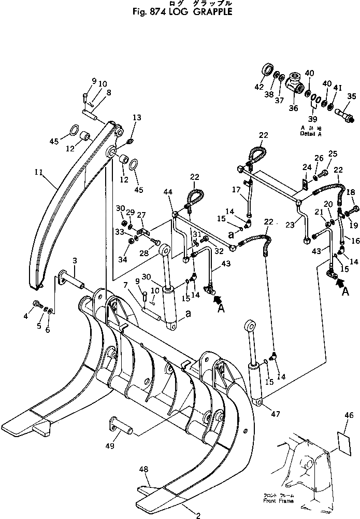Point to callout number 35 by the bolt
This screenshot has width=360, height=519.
tap(352, 96)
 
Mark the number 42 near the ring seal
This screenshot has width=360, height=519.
tap(260, 88)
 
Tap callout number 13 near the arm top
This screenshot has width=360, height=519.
tap(136, 118)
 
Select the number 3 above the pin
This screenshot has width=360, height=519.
tap(75, 259)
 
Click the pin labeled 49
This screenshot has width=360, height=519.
tap(122, 429)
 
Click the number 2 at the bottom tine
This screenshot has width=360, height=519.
tap(197, 515)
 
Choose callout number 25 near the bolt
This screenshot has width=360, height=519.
tap(333, 154)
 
